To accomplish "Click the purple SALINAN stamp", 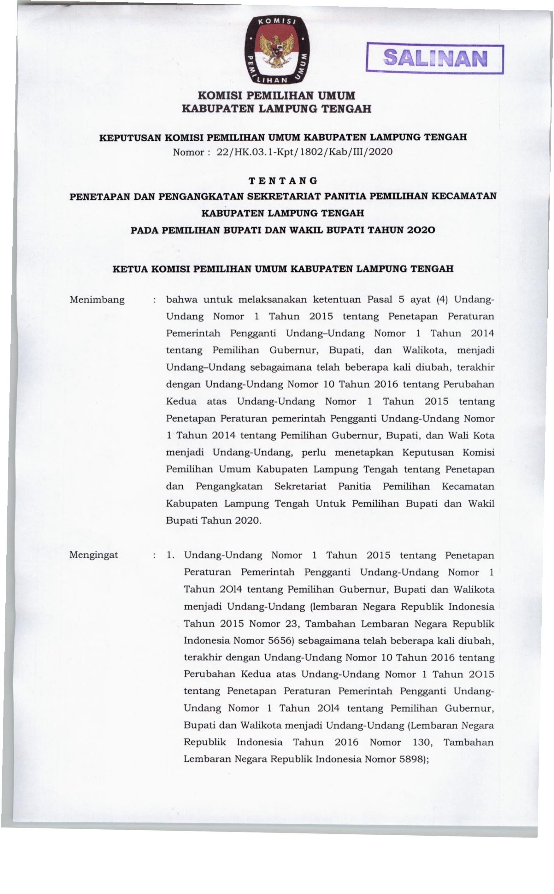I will [435, 59].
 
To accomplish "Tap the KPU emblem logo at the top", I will [277, 49].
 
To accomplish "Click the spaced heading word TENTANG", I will [283, 180].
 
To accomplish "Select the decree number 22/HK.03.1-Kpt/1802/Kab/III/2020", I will [304, 152].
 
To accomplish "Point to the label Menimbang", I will [97, 300].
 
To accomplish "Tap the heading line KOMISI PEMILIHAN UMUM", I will [277, 96].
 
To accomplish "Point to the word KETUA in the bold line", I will [130, 269].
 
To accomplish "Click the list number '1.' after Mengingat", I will [170, 555].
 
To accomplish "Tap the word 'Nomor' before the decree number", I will [188, 152].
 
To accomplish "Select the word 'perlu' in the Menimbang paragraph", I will [314, 452].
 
